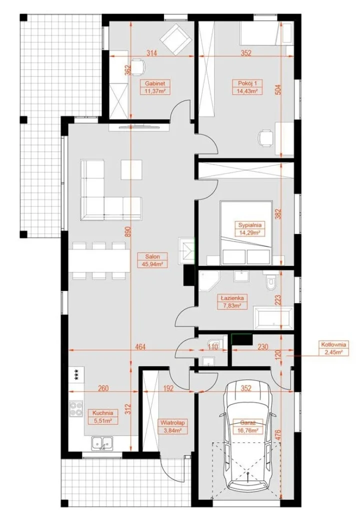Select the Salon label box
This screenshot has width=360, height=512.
point(153,260)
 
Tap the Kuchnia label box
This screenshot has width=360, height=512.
point(102,417)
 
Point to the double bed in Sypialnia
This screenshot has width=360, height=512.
point(246,233)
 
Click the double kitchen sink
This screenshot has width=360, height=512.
point(102,443)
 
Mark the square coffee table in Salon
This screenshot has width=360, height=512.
point(132,169)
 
